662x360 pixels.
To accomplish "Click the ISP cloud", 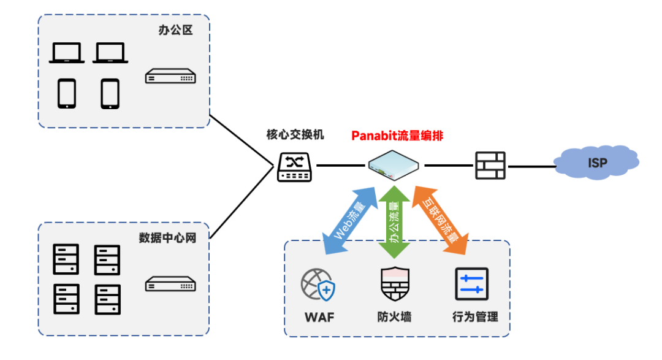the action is pos(596,163).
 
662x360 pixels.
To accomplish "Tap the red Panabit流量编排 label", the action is pos(397,136).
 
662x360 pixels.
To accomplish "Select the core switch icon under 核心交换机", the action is pos(294,167).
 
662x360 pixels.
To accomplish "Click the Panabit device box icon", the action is pos(393,165).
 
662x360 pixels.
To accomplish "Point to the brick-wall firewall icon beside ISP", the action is pos(490,166).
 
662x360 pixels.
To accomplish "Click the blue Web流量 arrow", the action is pos(349,221).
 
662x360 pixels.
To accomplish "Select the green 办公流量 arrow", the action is pos(394,222).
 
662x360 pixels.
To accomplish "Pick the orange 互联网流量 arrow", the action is pos(440,221).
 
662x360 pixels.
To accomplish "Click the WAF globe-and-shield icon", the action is pos(318,285).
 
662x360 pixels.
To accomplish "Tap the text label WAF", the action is pos(319,317).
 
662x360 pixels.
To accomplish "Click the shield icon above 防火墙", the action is pos(395,283).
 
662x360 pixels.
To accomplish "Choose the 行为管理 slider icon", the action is pos(471,284).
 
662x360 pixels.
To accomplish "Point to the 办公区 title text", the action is pos(176,30).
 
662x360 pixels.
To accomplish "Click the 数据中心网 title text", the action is pos(167,238).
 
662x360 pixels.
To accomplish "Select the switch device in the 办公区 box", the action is pos(170,76).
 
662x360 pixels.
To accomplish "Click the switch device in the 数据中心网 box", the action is pos(170,284).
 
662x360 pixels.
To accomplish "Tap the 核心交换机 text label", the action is pos(295,135).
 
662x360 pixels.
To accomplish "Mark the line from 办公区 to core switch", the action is pos(242,140).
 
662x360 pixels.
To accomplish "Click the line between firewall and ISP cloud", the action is pos(531,166).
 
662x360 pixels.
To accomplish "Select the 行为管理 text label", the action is pos(475,317).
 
